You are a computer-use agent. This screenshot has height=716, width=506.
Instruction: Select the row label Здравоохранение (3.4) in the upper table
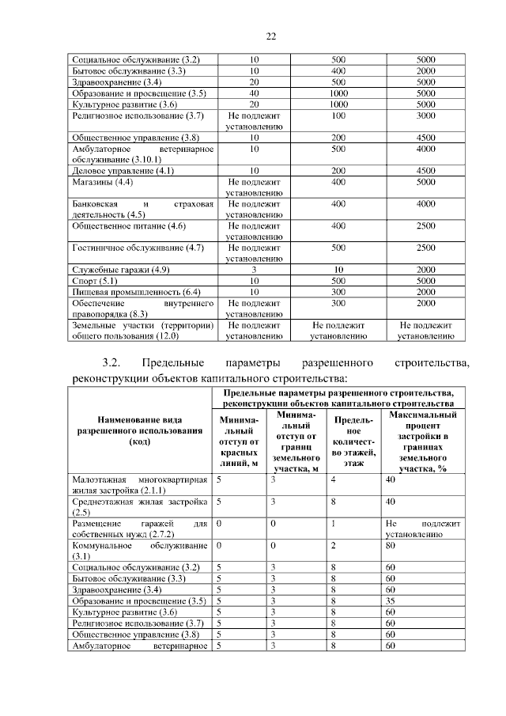pyautogui.click(x=117, y=81)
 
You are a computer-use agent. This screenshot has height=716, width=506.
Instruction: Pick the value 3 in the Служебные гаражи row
pyautogui.click(x=254, y=270)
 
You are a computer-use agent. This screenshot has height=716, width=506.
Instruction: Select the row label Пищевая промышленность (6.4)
pyautogui.click(x=135, y=291)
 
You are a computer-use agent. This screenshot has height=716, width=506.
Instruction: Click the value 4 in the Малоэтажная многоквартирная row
pyautogui.click(x=333, y=479)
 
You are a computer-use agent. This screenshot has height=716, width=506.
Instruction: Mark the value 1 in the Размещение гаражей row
pyautogui.click(x=333, y=524)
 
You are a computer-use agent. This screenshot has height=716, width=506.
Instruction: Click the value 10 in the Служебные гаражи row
pyautogui.click(x=338, y=270)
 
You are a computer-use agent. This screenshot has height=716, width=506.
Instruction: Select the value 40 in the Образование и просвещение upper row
pyautogui.click(x=254, y=93)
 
